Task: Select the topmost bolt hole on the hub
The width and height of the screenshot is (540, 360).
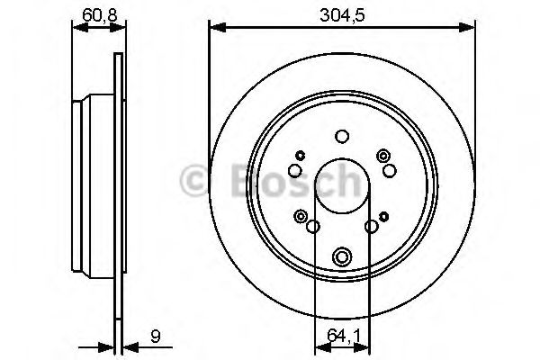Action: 341,138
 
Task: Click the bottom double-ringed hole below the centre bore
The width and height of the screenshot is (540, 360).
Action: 341,257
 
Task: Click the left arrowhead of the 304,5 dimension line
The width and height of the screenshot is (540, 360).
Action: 214,27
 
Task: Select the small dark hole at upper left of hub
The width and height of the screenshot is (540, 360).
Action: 301,156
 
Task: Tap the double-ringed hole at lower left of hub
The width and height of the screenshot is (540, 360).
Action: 301,215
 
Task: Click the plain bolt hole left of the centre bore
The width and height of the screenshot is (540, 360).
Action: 295,171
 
